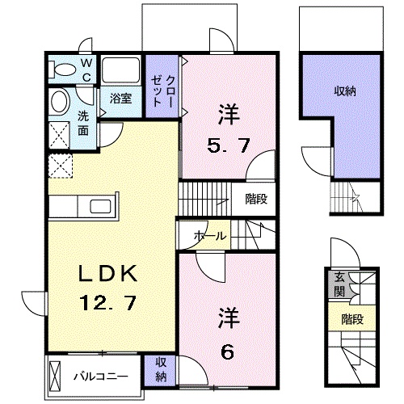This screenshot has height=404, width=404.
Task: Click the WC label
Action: tap(87, 69)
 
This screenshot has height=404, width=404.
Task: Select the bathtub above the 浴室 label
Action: tap(120, 70)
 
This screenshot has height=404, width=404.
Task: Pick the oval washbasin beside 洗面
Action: tap(60, 103)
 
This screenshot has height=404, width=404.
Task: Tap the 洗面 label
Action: tap(84, 121)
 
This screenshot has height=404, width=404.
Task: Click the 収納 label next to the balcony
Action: tap(160, 369)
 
